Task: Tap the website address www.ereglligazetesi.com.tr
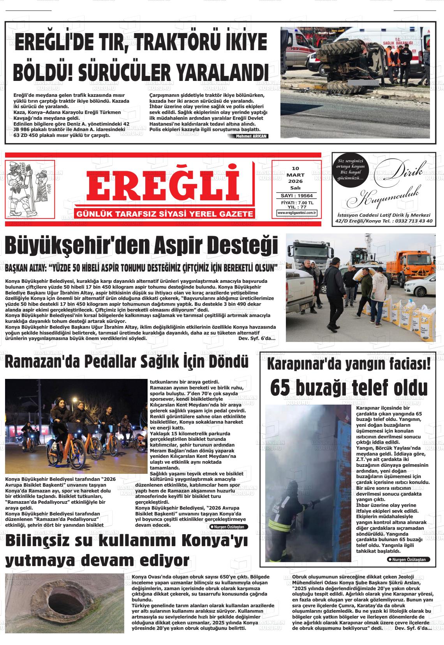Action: (297, 213)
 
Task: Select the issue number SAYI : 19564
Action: (297, 196)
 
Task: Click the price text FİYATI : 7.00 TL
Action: (297, 203)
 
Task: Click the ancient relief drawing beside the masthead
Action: (30, 189)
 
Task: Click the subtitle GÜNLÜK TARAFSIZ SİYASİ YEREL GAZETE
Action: (165, 214)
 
